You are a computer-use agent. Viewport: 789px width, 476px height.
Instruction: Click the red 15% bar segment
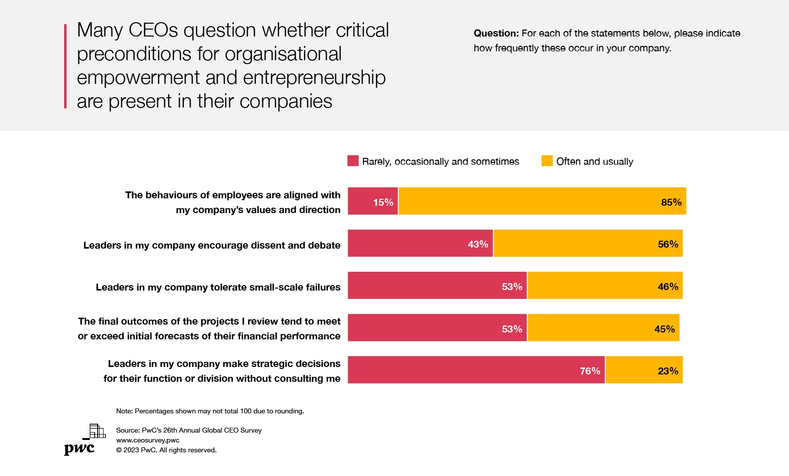(373, 201)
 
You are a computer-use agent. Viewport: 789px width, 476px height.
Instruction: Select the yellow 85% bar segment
(542, 201)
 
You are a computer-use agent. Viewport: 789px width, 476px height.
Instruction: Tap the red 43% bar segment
(420, 243)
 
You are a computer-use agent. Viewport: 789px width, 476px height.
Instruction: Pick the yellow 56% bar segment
(588, 243)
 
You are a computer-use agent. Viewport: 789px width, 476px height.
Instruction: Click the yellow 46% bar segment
(605, 286)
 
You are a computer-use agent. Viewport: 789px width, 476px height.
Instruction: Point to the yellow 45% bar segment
(604, 328)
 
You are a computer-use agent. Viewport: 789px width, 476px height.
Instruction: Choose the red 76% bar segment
(476, 370)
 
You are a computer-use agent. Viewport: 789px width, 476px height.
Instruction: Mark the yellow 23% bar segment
(644, 370)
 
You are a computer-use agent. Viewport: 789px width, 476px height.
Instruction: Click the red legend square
(353, 161)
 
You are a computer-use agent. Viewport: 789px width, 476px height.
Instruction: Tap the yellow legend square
(547, 161)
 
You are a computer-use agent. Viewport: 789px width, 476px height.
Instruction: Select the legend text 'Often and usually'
(595, 162)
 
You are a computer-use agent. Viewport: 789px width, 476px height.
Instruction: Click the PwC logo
(84, 439)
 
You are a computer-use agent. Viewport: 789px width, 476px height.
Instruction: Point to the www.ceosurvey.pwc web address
(148, 440)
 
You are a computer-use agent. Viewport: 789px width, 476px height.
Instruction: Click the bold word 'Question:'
(496, 34)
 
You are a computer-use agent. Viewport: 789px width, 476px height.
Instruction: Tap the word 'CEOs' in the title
(153, 31)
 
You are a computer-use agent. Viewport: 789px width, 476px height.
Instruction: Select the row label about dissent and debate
(212, 246)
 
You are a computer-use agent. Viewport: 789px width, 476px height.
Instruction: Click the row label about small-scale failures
(218, 288)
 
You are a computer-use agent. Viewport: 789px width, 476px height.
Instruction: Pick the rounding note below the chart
(210, 411)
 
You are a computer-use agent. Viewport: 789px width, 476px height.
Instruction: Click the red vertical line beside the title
(65, 66)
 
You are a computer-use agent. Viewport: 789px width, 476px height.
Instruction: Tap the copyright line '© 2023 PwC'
(166, 450)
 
